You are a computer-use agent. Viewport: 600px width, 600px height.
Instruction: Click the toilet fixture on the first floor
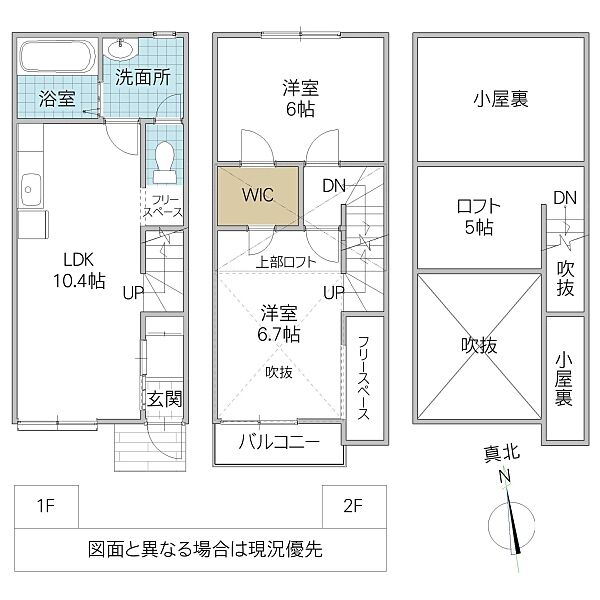165,160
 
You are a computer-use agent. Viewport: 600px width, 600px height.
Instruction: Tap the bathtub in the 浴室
57,55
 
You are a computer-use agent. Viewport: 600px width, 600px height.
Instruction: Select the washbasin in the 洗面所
123,48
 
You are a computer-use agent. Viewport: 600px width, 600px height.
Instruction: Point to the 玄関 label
165,399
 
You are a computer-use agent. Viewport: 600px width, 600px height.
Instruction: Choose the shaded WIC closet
258,196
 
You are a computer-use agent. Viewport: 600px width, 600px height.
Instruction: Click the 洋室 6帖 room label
299,98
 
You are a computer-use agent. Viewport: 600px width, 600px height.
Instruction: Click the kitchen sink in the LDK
29,186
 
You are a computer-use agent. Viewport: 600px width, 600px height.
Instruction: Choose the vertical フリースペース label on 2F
363,379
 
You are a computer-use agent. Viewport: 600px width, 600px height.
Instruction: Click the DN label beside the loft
566,198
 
